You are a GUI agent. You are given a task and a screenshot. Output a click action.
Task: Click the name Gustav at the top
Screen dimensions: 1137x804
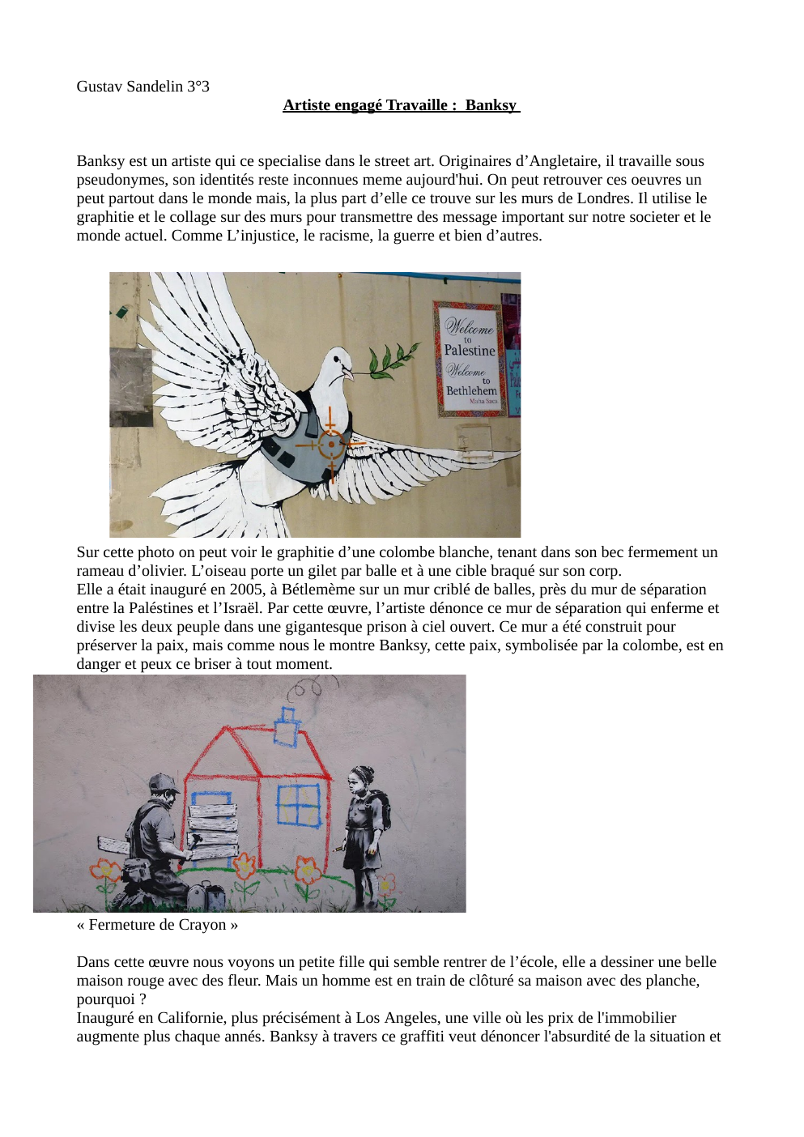[x=100, y=87]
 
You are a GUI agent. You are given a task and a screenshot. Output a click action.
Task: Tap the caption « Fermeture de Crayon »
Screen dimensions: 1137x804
[x=157, y=925]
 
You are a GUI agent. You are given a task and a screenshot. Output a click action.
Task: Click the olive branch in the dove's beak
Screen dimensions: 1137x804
[x=393, y=360]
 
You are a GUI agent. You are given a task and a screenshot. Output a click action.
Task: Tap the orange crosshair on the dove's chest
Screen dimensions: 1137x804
[x=331, y=445]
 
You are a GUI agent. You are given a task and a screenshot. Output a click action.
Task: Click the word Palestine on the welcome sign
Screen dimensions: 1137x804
[x=469, y=351]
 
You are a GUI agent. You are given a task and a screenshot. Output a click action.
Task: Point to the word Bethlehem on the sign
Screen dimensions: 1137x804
[x=471, y=390]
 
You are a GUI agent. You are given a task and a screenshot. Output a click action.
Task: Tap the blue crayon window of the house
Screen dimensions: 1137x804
[x=299, y=805]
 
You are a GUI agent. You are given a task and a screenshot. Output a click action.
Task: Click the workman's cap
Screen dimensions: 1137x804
[x=164, y=783]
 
